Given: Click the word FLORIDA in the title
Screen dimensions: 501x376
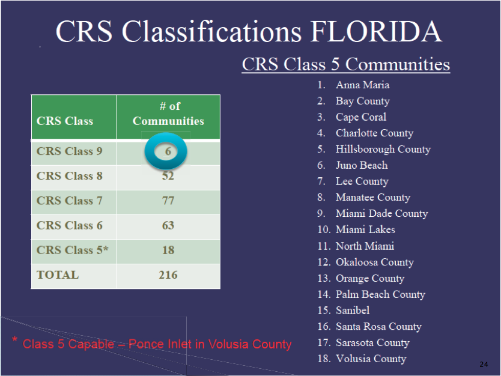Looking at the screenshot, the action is (x=376, y=31).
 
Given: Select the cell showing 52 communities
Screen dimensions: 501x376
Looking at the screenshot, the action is (x=168, y=176).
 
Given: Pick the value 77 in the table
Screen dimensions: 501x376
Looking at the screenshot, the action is (x=168, y=201).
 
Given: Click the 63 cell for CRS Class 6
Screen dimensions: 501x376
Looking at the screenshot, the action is (x=168, y=225).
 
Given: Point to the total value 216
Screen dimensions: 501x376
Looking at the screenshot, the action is (x=168, y=274).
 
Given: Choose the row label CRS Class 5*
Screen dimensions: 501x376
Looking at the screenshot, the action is (x=72, y=250).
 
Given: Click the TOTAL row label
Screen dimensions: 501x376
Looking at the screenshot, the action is (x=58, y=274).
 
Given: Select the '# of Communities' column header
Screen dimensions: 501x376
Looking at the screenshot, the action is (x=168, y=114).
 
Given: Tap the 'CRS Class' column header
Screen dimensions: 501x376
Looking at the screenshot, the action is (x=65, y=121).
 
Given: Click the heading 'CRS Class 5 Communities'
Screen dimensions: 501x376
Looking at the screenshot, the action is (x=346, y=64).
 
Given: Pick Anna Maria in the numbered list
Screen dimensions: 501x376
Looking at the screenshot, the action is (x=362, y=85).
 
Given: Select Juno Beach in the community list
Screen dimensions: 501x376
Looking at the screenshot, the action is (x=362, y=165).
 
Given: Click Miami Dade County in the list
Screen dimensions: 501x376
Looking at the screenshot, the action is (x=382, y=213).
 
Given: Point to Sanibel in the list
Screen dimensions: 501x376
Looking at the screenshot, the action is (x=353, y=310).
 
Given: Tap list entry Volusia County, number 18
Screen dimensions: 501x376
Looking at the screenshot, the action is (x=371, y=359).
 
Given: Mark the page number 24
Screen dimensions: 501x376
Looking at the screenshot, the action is (x=484, y=365).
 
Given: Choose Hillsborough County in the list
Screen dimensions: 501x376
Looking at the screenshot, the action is (x=383, y=149).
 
